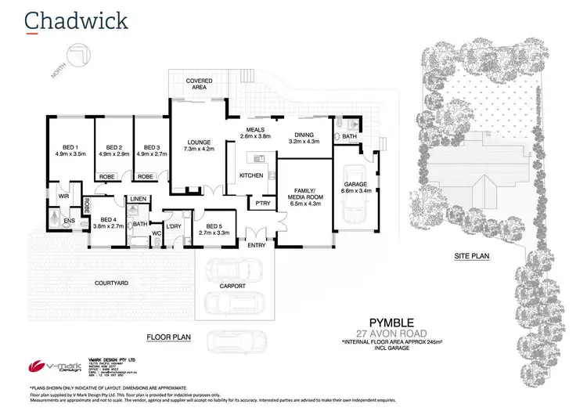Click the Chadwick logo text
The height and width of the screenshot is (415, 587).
click(x=68, y=19)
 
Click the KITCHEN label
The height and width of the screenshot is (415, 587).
click(x=251, y=175)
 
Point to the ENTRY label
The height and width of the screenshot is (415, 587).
click(x=257, y=246)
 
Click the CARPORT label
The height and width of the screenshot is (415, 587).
click(x=232, y=287)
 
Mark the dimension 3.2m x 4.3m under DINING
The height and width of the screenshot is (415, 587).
click(x=304, y=142)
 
